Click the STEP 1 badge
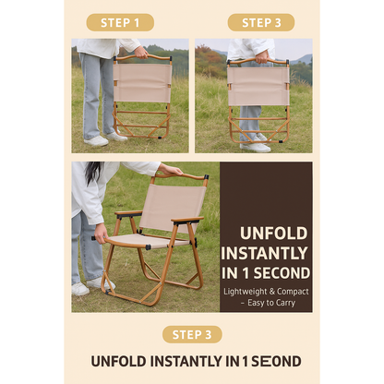pos(119,22)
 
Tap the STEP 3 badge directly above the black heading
pos(191,334)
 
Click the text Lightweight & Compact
pos(265,291)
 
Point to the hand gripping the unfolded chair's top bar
pos(171,170)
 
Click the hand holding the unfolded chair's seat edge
pos(100,230)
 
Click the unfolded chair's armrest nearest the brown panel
pos(186,220)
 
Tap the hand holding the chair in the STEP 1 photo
pos(141,52)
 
